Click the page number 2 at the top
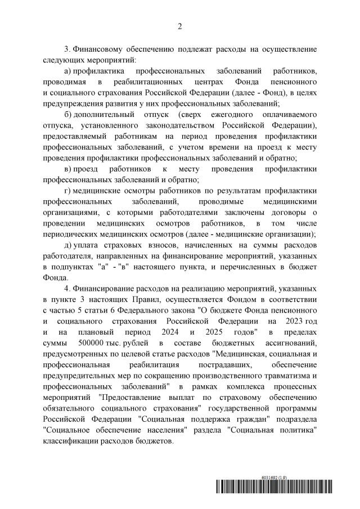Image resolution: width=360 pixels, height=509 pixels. [x=180, y=25]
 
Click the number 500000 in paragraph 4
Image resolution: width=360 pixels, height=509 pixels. [x=82, y=342]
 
